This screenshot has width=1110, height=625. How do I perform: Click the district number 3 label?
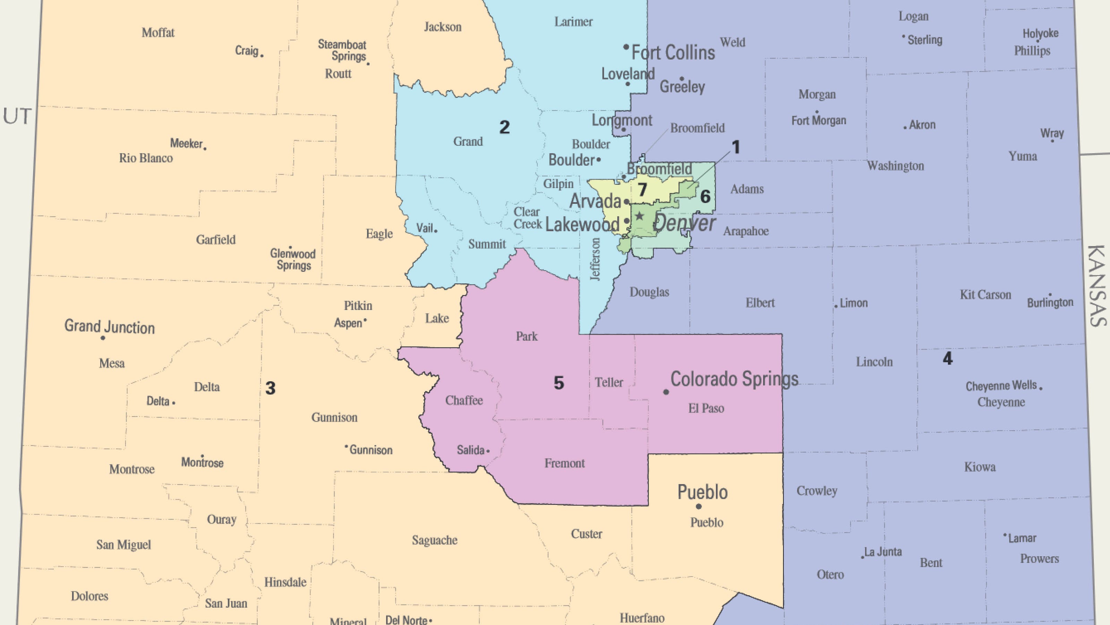[x=270, y=388]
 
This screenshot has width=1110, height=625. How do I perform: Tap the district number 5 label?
[x=558, y=383]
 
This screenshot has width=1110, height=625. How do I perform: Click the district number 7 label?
[x=642, y=189]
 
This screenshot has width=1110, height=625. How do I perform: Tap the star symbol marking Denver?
[x=640, y=216]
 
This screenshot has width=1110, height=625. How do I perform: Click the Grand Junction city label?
[x=110, y=327]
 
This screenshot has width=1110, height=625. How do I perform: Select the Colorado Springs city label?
[x=734, y=379]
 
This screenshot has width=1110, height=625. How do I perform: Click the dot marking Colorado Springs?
[x=666, y=392]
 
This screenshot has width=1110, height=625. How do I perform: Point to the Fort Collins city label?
[x=673, y=53]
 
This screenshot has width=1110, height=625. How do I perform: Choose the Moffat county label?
[x=158, y=33]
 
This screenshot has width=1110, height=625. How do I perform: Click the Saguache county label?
[x=434, y=540]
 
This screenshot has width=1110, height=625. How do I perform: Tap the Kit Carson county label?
[x=985, y=295]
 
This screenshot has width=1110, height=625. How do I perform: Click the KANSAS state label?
[x=1096, y=286]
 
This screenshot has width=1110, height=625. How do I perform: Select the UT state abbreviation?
[x=17, y=116]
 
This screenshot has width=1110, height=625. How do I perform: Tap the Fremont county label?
[x=564, y=463]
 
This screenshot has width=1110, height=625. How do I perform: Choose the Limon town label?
[x=854, y=303]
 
